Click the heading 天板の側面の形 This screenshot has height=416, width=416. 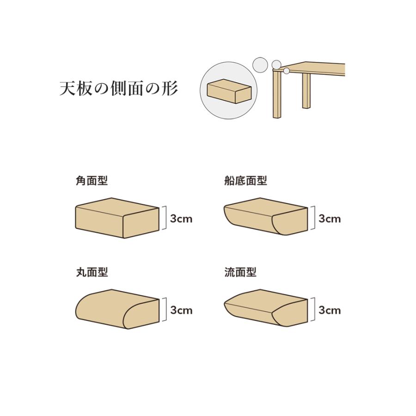118,88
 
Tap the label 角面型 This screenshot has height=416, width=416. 92,181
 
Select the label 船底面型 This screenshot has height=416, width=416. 245,181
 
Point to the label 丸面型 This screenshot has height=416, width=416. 92,272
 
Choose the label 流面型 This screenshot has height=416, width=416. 240,272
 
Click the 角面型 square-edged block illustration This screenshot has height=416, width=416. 117,218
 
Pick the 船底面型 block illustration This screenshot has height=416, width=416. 266,216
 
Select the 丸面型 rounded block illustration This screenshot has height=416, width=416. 117,309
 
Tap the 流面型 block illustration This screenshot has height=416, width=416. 266,308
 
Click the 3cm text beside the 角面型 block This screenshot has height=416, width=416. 181,219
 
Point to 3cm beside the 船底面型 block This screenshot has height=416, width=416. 330,219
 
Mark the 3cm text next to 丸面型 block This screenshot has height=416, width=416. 181,310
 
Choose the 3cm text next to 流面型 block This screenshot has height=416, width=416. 330,310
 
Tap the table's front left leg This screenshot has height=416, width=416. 277,94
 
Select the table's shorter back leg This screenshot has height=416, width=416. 306,91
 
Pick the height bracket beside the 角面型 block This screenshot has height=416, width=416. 165,218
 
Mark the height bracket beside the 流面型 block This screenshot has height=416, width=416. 313,309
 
